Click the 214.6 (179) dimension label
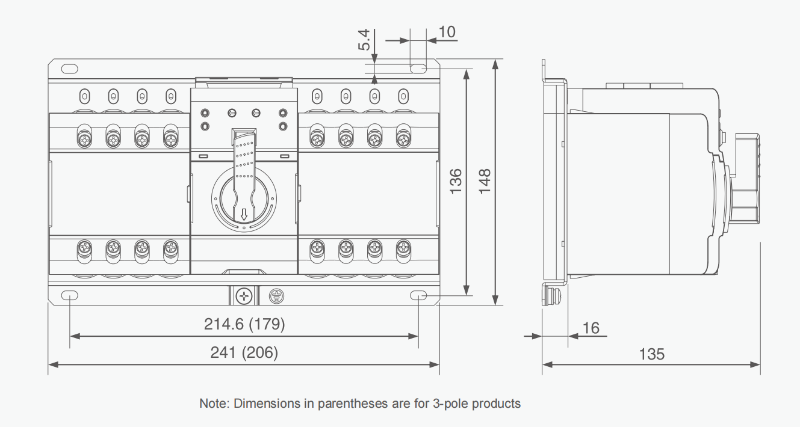(x=244, y=324)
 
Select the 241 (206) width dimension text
(x=244, y=352)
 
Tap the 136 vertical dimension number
(x=456, y=181)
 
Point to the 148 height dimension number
(x=485, y=181)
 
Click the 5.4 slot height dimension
(x=364, y=40)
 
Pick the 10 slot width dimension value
(x=447, y=32)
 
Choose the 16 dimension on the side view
(x=591, y=328)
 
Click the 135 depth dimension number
(x=652, y=354)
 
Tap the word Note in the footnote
(x=212, y=404)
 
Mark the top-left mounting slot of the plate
(x=70, y=69)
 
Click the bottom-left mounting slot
(x=70, y=295)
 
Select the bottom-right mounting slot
(x=418, y=295)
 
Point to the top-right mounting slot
(x=418, y=69)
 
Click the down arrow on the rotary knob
(x=244, y=214)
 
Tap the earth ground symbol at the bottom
(x=276, y=296)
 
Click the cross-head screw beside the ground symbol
(x=244, y=296)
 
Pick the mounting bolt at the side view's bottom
(x=551, y=295)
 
